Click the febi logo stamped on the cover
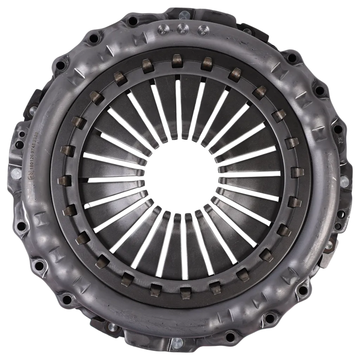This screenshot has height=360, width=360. coord(31,175)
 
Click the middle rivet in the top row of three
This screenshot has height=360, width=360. coord(182,28)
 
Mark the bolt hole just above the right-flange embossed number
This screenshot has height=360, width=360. coord(337,129)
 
